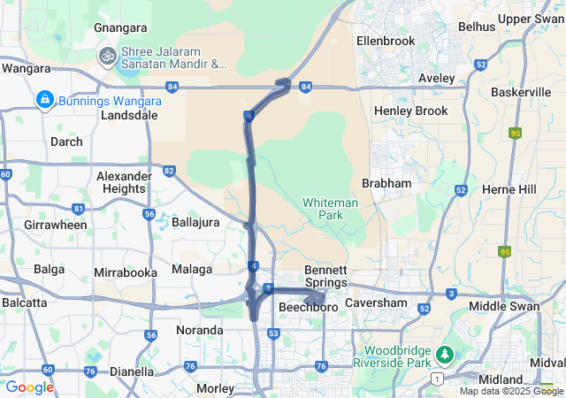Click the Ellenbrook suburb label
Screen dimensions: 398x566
click(386, 41)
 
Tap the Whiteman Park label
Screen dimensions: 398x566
click(330, 209)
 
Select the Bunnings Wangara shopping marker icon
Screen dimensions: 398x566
click(43, 101)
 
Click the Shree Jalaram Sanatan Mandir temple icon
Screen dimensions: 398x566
click(108, 56)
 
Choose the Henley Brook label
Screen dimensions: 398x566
click(411, 111)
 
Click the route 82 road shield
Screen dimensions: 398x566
click(169, 170)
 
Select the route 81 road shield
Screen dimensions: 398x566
click(78, 209)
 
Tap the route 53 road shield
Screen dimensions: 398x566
click(274, 333)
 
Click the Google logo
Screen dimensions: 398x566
click(29, 387)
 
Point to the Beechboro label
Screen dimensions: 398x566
click(308, 307)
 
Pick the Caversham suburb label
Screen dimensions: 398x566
click(375, 303)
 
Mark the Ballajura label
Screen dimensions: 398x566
click(195, 222)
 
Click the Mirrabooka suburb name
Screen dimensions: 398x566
click(126, 272)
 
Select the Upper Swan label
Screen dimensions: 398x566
click(528, 19)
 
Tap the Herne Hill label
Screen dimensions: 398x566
click(509, 189)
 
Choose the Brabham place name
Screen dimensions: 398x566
click(387, 183)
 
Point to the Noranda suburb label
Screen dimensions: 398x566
click(199, 330)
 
